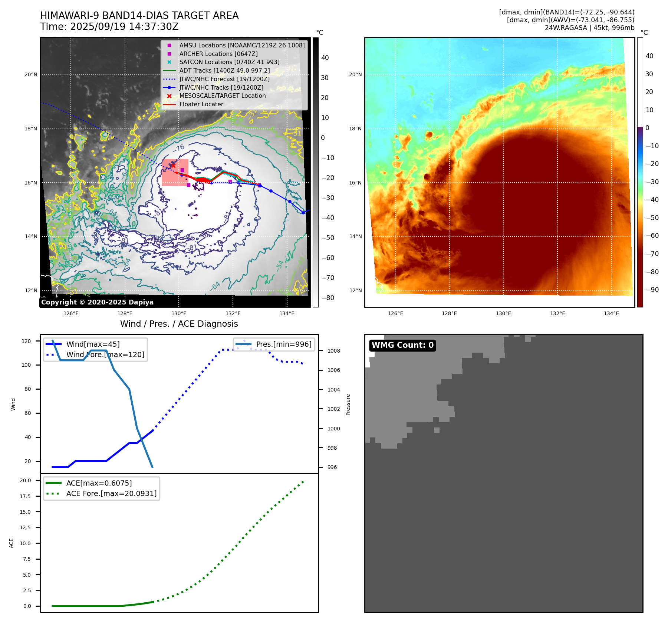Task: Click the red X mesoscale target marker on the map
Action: tap(173, 166)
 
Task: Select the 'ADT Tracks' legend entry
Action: tap(224, 70)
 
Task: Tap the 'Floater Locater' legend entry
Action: tap(201, 104)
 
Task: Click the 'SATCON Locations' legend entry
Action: tap(229, 62)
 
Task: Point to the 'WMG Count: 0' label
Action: tap(402, 345)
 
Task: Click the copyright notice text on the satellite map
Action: tap(97, 302)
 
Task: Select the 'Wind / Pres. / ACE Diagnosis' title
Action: tap(179, 324)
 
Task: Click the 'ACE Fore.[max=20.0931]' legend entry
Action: tap(111, 493)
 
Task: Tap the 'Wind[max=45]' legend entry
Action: tap(93, 344)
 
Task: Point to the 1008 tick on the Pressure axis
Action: tap(333, 351)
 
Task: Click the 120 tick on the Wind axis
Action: tap(26, 341)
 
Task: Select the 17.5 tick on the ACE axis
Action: tap(25, 496)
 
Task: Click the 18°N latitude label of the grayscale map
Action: tap(31, 129)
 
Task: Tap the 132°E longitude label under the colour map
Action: tap(557, 314)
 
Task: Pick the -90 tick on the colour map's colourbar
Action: tap(652, 290)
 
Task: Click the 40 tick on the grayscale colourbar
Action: tap(325, 58)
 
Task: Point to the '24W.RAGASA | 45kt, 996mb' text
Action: tap(589, 28)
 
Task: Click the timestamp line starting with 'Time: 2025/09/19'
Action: tap(109, 27)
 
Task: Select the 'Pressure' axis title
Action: tap(348, 404)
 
